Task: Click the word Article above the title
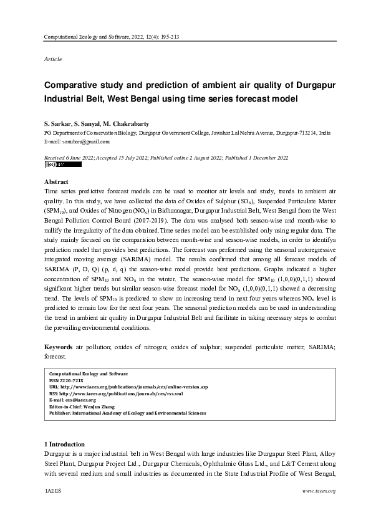(52, 58)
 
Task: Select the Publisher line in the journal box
(124, 413)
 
